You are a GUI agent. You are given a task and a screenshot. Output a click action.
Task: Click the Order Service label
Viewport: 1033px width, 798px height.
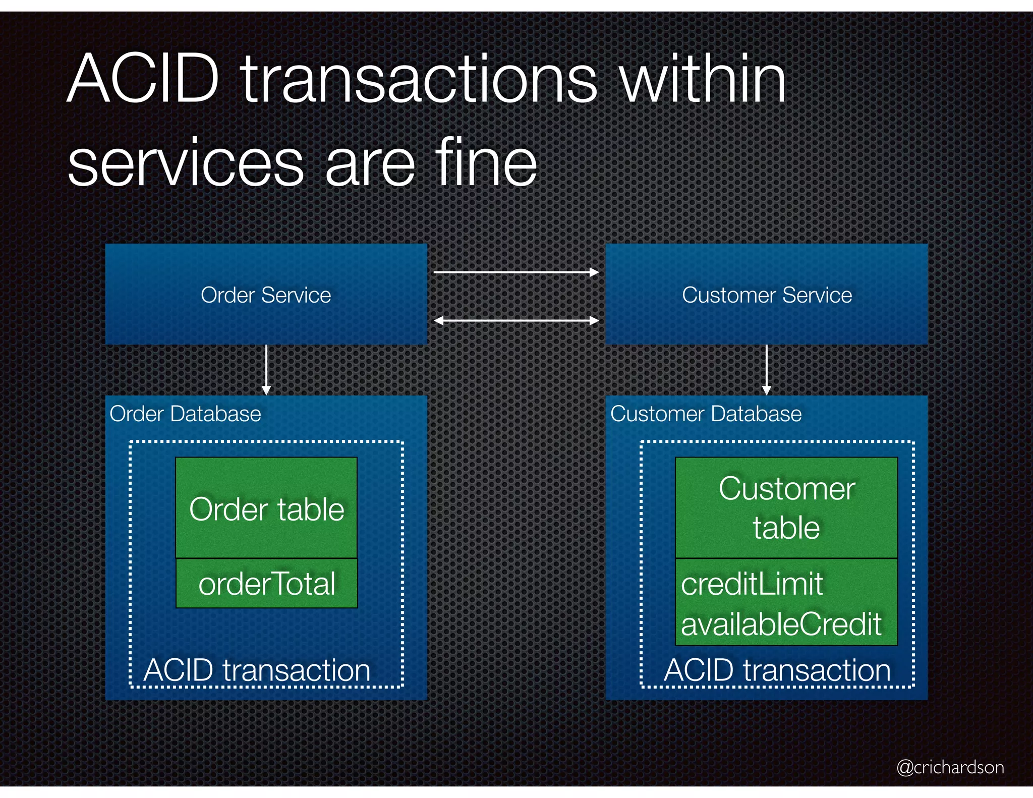click(266, 295)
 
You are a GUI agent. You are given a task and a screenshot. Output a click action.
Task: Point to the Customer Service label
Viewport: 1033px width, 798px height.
click(767, 295)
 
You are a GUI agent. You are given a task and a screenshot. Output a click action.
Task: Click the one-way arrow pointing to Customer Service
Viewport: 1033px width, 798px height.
click(516, 272)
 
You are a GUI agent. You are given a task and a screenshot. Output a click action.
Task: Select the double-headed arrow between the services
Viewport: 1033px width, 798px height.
click(516, 320)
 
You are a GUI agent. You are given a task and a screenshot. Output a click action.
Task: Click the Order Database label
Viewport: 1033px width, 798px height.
click(185, 414)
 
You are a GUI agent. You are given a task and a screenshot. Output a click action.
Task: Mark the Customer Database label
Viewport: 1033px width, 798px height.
click(706, 414)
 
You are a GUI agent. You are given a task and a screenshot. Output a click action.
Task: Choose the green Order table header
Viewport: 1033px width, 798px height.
click(266, 508)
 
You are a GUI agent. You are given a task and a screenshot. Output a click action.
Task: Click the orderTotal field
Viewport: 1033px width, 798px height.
click(267, 584)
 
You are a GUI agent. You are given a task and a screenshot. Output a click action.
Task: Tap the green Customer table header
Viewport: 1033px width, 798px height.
click(786, 508)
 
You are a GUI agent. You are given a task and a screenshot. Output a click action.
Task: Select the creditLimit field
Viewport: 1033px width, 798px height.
click(752, 584)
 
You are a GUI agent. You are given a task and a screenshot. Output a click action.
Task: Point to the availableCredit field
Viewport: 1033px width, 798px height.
click(781, 624)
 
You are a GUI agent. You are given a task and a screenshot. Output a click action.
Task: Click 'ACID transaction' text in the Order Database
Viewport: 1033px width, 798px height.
click(257, 670)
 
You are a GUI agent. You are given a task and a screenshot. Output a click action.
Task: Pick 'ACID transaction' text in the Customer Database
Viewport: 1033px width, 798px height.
click(777, 670)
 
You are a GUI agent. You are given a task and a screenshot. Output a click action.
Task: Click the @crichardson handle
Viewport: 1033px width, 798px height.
click(950, 767)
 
